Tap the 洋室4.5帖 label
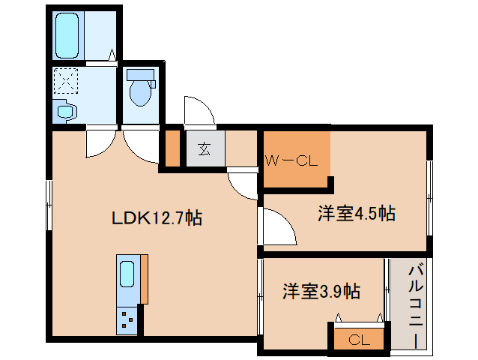[x=356, y=214]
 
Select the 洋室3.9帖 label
[x=321, y=291]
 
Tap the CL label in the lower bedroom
[x=359, y=340]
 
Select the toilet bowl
[x=139, y=91]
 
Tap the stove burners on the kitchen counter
[x=127, y=321]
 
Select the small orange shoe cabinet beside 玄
[x=172, y=148]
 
